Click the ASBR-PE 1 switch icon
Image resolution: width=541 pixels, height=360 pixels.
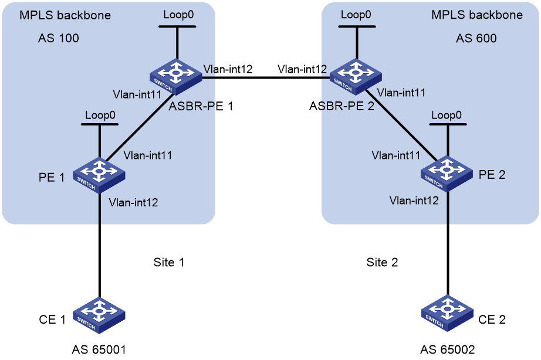(x=176, y=77)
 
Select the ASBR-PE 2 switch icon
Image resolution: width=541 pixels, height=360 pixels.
(x=356, y=77)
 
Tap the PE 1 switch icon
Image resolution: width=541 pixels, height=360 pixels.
(x=99, y=175)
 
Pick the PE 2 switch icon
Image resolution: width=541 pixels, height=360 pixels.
(x=447, y=174)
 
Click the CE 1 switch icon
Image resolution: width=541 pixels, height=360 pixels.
(x=99, y=315)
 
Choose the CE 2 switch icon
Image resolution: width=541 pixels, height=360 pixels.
(x=448, y=314)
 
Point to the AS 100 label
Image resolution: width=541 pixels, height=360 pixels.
(x=58, y=38)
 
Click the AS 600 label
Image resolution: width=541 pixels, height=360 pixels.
(x=476, y=38)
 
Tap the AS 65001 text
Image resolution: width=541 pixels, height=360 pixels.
(x=99, y=349)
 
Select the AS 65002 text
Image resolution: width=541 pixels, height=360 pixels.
(x=448, y=349)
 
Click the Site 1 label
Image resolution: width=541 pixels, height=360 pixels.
(x=169, y=263)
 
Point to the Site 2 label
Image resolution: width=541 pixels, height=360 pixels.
(x=382, y=263)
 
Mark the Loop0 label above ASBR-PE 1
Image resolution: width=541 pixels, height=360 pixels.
(x=178, y=15)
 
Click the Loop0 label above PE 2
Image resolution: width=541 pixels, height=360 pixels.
(x=447, y=115)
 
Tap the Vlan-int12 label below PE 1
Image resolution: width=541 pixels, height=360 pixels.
(x=134, y=202)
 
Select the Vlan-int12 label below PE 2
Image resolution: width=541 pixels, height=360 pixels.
(x=414, y=201)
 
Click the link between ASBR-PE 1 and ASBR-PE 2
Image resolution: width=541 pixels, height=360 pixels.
(x=266, y=77)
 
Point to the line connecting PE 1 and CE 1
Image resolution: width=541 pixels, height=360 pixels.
(x=100, y=245)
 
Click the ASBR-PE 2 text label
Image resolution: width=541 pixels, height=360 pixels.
(x=341, y=106)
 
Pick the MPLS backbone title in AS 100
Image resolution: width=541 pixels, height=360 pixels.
(x=65, y=15)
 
